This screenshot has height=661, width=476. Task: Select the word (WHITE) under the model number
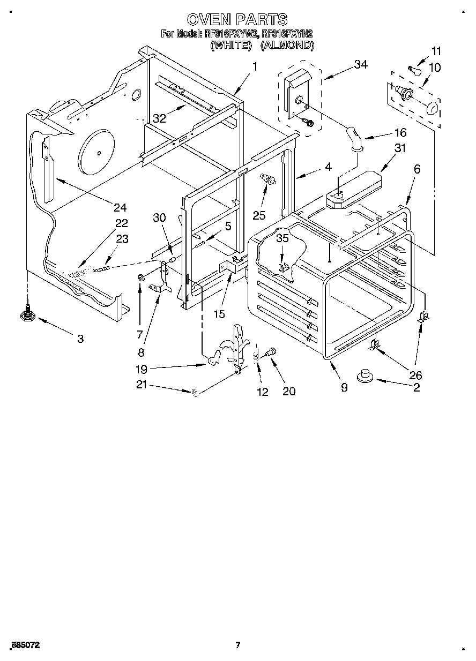pyautogui.click(x=231, y=46)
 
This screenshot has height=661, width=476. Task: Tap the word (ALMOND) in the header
pyautogui.click(x=287, y=46)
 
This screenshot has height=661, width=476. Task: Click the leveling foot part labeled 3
pyautogui.click(x=27, y=312)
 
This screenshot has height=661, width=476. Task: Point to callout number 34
pyautogui.click(x=361, y=65)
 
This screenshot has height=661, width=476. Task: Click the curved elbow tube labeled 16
pyautogui.click(x=354, y=137)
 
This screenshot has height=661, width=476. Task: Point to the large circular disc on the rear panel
pyautogui.click(x=97, y=153)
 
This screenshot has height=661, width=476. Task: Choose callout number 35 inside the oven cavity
pyautogui.click(x=282, y=238)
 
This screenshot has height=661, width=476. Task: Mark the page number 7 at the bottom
pyautogui.click(x=237, y=645)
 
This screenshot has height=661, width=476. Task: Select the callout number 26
pyautogui.click(x=415, y=375)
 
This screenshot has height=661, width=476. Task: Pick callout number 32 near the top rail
pyautogui.click(x=159, y=119)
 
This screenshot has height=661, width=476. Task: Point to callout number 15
pyautogui.click(x=219, y=313)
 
